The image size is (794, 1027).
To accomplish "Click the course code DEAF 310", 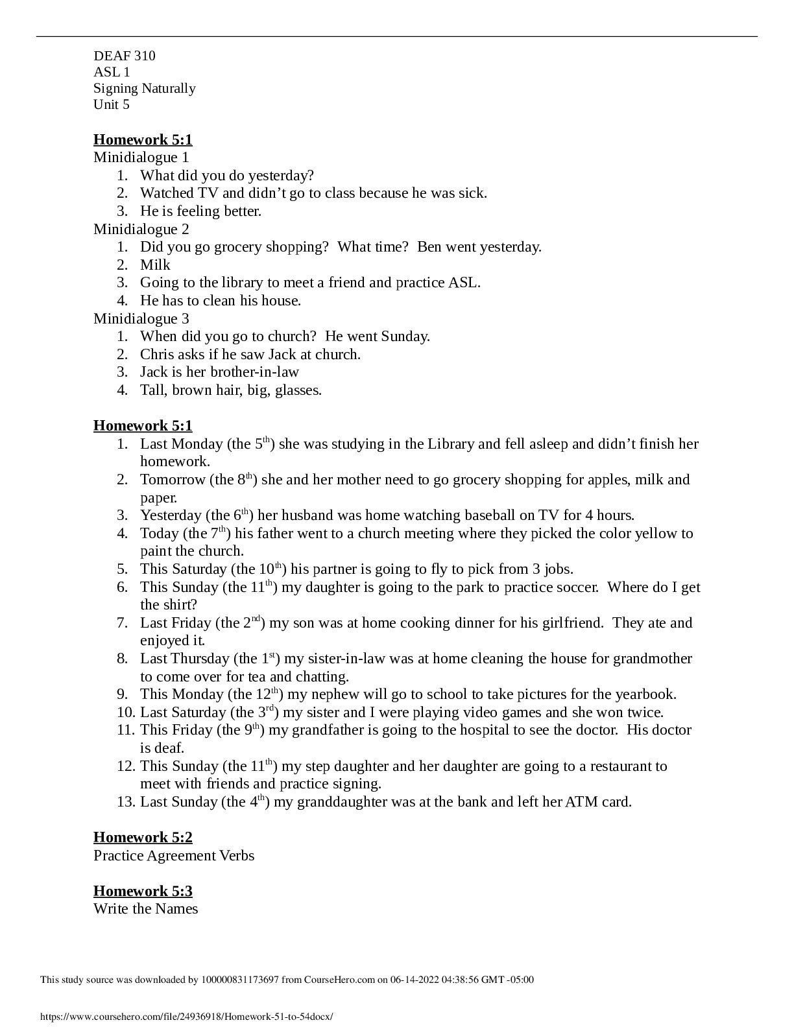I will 125,56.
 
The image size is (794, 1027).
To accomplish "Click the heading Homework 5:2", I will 143,837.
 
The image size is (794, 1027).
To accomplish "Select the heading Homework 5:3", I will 143,891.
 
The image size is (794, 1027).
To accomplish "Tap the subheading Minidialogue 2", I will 141,229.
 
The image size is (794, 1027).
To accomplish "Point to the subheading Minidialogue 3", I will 141,318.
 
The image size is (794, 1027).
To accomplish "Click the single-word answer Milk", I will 155,265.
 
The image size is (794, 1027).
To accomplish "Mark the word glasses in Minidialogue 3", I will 298,390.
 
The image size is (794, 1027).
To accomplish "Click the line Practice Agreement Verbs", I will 174,856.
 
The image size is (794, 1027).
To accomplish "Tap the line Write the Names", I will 146,909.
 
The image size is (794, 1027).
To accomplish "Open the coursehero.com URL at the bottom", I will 187,1017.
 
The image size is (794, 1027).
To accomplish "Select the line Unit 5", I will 112,104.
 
